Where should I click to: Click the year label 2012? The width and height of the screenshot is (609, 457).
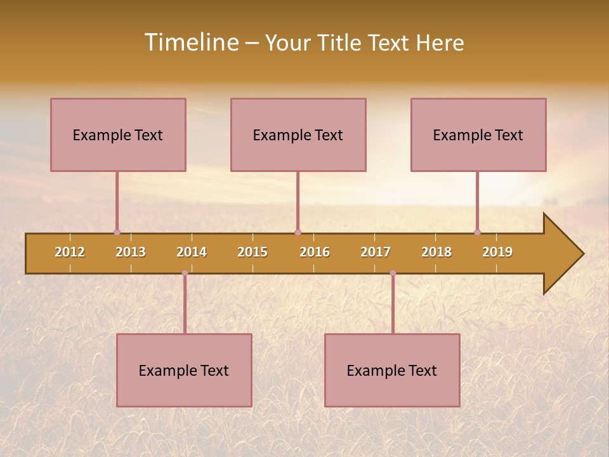(x=70, y=252)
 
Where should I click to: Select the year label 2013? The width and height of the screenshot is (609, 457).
(x=131, y=252)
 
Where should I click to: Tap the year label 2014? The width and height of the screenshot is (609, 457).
(x=192, y=252)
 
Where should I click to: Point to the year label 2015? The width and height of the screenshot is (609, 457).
(x=252, y=252)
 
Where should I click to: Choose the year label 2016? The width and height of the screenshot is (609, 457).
(x=315, y=252)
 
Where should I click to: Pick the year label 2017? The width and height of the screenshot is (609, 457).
(x=376, y=252)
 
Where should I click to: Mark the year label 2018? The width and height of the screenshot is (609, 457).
(x=436, y=252)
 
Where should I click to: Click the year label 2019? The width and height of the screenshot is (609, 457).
(x=497, y=252)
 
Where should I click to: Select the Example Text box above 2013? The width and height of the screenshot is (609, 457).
(x=118, y=135)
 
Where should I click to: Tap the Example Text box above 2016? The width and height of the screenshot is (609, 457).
(x=298, y=135)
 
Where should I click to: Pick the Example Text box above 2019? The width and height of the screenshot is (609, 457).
(x=478, y=135)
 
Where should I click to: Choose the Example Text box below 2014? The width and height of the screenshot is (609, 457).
(x=184, y=370)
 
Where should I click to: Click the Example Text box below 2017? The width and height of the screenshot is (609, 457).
(x=392, y=370)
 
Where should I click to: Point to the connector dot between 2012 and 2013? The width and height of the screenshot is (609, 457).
(x=117, y=232)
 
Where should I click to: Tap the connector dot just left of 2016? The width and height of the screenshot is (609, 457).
(x=298, y=232)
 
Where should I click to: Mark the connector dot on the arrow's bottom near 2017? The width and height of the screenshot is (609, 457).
(x=393, y=273)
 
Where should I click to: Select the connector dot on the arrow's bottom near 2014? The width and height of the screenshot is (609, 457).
(x=185, y=273)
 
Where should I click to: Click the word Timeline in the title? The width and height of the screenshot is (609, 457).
(x=191, y=43)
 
